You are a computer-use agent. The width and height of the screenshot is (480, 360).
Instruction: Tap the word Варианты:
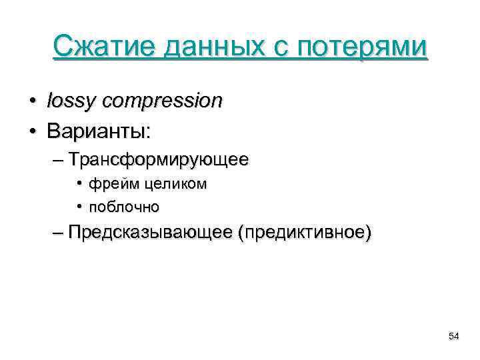(99, 131)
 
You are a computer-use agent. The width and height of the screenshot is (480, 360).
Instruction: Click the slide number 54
(454, 336)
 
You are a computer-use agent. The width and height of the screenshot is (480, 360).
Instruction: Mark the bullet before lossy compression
(32, 102)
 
